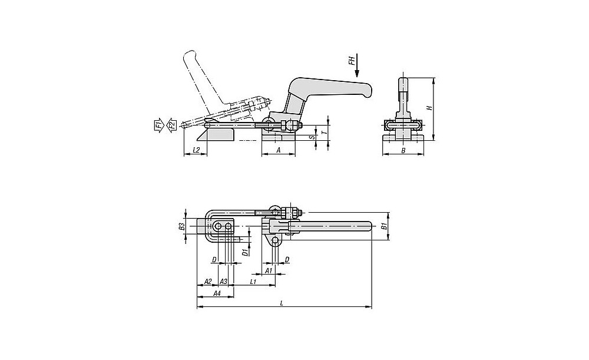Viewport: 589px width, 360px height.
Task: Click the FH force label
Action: [x=351, y=61]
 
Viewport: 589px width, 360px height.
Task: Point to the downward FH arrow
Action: [x=357, y=65]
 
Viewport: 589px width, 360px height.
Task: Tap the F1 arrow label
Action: [x=158, y=124]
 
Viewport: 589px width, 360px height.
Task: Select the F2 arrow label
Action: [x=171, y=124]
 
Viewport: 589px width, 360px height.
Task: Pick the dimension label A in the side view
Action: [x=279, y=150]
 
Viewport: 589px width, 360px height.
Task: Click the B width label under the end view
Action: [x=403, y=151]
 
